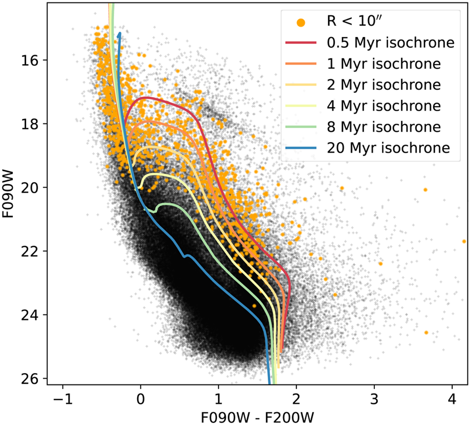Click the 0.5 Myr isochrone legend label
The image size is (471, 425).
pyautogui.click(x=391, y=43)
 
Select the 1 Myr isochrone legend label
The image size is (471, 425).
pyautogui.click(x=384, y=64)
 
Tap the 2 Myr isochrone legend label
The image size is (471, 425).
pyautogui.click(x=384, y=85)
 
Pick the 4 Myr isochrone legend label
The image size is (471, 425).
pyautogui.click(x=384, y=106)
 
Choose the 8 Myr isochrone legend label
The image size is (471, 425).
pyautogui.click(x=384, y=127)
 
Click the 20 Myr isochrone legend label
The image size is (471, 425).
pyautogui.click(x=388, y=148)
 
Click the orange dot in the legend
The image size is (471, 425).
pyautogui.click(x=301, y=22)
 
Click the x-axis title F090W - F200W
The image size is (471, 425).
pyautogui.click(x=257, y=416)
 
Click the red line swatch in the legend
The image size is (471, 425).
pyautogui.click(x=301, y=43)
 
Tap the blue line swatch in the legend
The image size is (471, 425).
pyautogui.click(x=301, y=148)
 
